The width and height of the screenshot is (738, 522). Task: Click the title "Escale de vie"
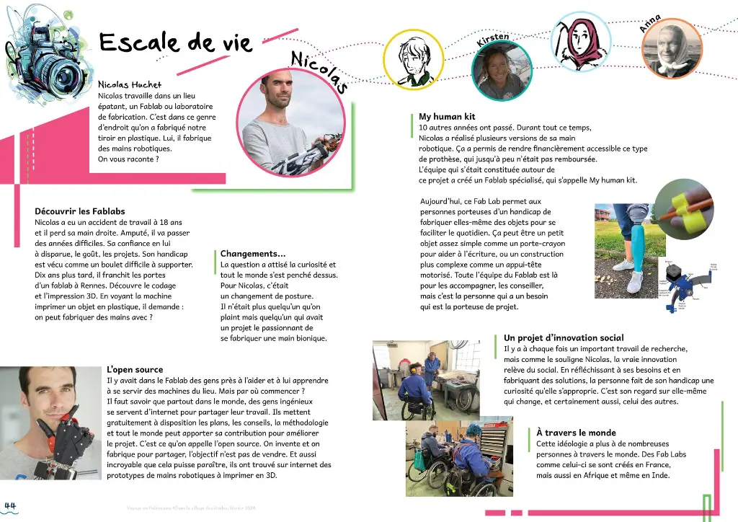pyautogui.click(x=175, y=43)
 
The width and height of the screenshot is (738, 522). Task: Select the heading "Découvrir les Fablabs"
pyautogui.click(x=80, y=211)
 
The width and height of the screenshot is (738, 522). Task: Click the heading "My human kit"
pyautogui.click(x=447, y=117)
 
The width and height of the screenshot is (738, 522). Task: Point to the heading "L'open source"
pyautogui.click(x=135, y=370)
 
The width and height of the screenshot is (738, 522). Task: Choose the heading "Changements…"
pyautogui.click(x=252, y=254)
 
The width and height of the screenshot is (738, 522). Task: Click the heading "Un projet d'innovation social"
pyautogui.click(x=564, y=337)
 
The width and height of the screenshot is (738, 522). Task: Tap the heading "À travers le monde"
pyautogui.click(x=577, y=433)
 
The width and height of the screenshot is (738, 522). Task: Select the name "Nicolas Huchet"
pyautogui.click(x=130, y=85)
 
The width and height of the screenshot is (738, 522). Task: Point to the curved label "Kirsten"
pyautogui.click(x=493, y=40)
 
